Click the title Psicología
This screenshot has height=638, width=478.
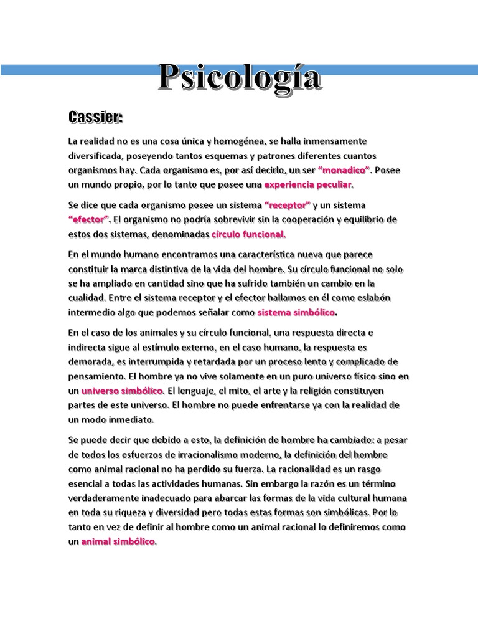coord(240,77)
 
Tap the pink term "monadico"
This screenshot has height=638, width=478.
coord(344,170)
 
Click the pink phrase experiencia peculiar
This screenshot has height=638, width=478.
coord(308,185)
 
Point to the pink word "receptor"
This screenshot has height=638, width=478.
coord(287,205)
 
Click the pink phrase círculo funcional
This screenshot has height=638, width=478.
coord(248,235)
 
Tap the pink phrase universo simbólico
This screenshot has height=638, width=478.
coord(122,391)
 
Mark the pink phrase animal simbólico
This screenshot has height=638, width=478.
coord(118,542)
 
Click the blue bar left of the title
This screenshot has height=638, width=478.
coord(75,70)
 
